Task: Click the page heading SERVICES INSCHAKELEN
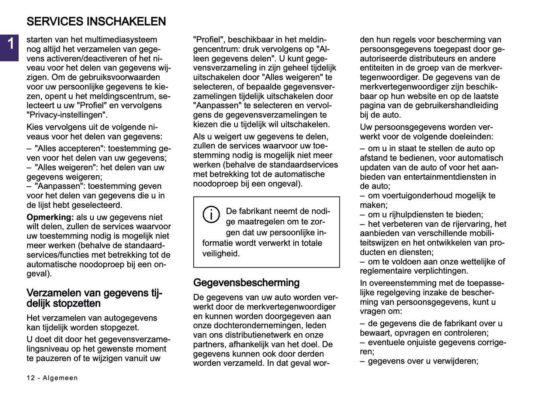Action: (96, 21)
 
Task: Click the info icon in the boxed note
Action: (211, 214)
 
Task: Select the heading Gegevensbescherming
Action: (246, 283)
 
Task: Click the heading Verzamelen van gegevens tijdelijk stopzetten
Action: (94, 298)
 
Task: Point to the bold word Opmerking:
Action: (50, 217)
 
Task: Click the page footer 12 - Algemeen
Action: (52, 378)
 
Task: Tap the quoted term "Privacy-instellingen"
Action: (67, 115)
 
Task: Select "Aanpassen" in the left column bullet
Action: (59, 186)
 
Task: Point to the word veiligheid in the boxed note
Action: (221, 254)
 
